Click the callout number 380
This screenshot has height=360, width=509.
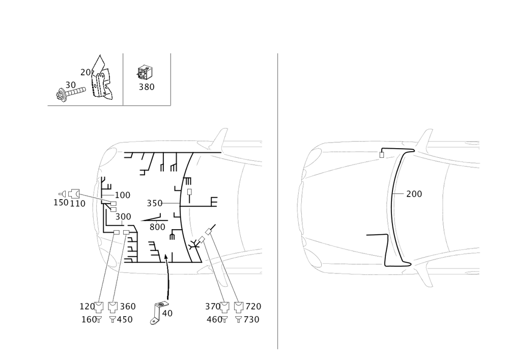coord(147,87)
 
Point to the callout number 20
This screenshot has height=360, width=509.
coord(85,73)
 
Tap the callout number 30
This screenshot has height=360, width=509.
coord(70,85)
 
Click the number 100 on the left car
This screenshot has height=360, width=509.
coord(123,195)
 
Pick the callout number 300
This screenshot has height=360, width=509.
coord(123,217)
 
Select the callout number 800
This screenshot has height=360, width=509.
coord(157,227)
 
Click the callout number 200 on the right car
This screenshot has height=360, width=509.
coord(414,194)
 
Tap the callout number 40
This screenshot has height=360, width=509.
coord(167,314)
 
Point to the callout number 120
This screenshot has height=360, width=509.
coord(87,307)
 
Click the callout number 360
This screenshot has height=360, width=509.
coord(128,307)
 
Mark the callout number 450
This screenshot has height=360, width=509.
coord(125,320)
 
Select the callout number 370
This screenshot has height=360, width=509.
coord(212,307)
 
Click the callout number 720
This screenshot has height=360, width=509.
coord(253,307)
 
